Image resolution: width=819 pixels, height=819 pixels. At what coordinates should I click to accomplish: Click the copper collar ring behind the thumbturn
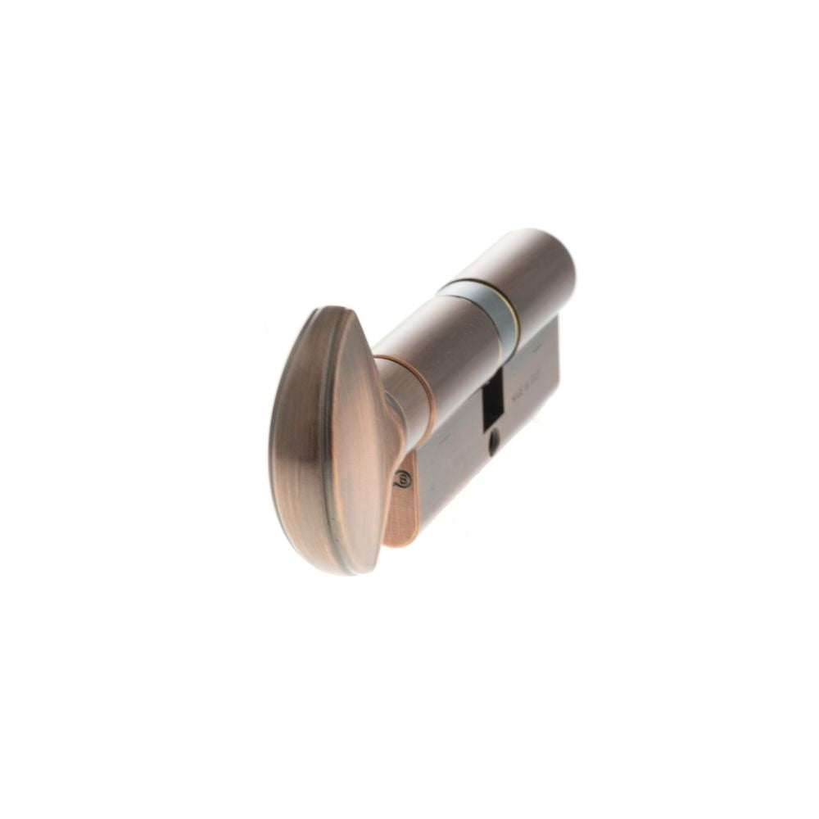(418, 401)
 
